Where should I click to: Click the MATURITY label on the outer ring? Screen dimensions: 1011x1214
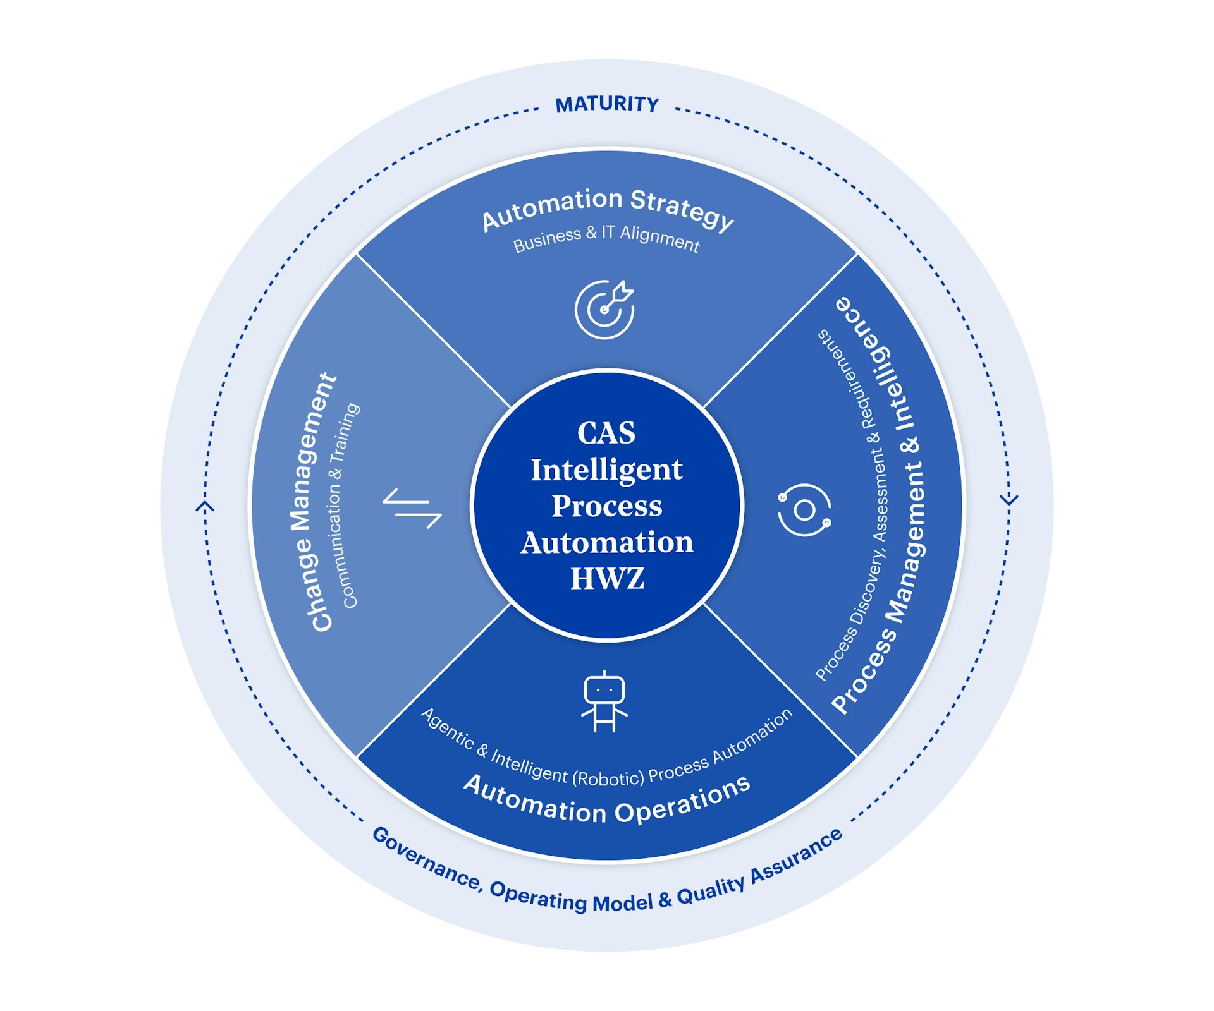pos(607,104)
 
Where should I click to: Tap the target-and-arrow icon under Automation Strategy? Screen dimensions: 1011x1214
pos(604,309)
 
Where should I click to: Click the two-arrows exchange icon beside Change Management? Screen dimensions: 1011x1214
pos(412,508)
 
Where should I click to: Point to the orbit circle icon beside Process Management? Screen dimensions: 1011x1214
pos(804,510)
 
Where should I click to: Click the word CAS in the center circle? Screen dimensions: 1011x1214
pos(606,433)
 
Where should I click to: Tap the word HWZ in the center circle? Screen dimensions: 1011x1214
pos(607,579)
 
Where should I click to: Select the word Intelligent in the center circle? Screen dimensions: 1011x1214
pos(606,469)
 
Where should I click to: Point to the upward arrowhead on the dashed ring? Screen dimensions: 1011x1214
pos(205,506)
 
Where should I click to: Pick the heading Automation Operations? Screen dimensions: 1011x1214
pos(607,802)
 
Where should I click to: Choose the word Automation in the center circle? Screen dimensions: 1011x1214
pos(607,543)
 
